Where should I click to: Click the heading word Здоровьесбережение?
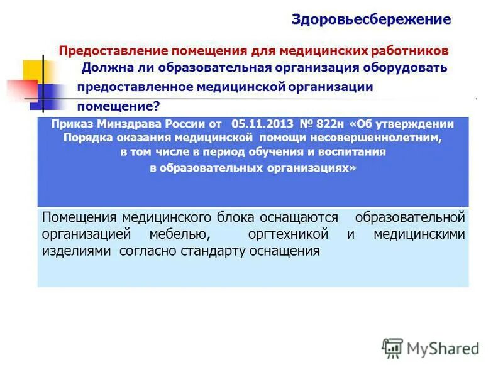(x=371, y=19)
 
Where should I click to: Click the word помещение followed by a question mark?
(x=114, y=106)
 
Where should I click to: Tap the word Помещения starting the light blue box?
(x=79, y=217)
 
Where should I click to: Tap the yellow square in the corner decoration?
(x=33, y=70)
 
